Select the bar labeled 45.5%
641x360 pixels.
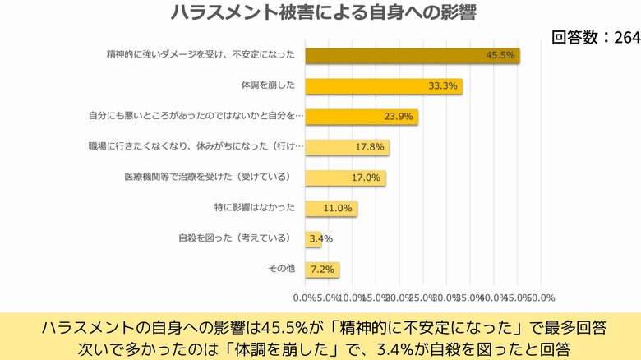413,56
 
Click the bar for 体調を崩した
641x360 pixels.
384,86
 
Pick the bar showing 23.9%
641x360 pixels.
362,117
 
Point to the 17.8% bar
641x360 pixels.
347,147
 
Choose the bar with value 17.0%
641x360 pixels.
345,178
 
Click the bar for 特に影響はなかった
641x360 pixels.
331,208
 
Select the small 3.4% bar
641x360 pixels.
313,238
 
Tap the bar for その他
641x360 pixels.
322,269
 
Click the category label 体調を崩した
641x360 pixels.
269,85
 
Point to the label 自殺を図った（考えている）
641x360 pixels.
236,238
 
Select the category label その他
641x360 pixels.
281,268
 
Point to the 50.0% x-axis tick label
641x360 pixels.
542,297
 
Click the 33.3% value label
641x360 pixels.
443,86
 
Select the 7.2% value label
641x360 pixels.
322,269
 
